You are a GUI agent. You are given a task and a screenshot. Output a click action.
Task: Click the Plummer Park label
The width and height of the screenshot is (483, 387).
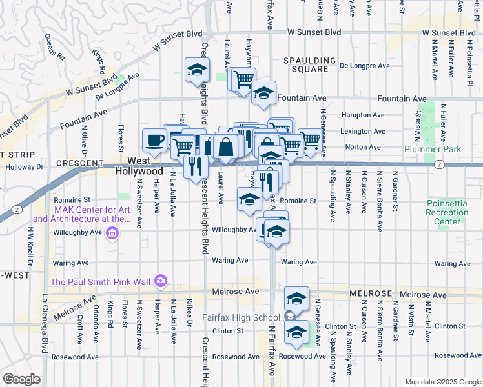click(x=431, y=149)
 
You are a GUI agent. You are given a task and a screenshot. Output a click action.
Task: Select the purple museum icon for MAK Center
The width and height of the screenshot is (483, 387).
click(x=113, y=233)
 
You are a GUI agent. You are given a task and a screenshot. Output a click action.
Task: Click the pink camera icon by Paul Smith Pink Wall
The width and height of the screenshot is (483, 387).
click(x=160, y=281)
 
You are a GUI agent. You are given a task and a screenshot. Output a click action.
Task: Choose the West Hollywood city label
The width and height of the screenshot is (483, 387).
click(x=139, y=166)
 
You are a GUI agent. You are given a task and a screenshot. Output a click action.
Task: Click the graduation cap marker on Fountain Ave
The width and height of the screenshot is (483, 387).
click(x=263, y=93)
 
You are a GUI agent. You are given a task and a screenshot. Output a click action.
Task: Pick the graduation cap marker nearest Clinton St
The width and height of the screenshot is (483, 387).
click(x=296, y=332)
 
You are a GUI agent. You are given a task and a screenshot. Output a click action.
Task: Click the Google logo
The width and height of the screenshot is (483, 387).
click(x=22, y=379)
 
